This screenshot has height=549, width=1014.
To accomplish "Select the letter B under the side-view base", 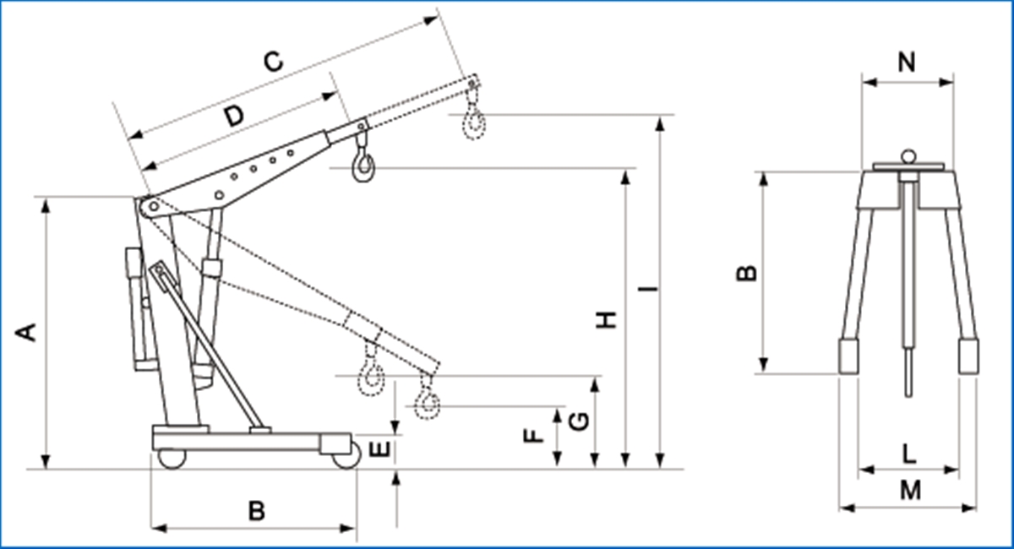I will click(256, 510).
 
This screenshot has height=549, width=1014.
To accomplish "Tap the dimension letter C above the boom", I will click(272, 61).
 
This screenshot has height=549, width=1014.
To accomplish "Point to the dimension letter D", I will click(234, 117).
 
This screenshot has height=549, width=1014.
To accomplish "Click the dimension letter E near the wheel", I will click(381, 449).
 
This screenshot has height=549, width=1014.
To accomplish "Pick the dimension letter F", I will click(532, 436).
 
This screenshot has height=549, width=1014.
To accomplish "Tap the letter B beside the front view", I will click(747, 273).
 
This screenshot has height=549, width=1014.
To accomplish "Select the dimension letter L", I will click(908, 454).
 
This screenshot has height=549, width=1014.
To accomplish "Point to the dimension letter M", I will click(909, 490).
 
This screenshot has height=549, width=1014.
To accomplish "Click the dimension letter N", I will click(907, 62).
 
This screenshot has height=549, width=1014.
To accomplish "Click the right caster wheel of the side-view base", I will click(345, 459).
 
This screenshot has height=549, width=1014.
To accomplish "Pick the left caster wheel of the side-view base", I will click(172, 458).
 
